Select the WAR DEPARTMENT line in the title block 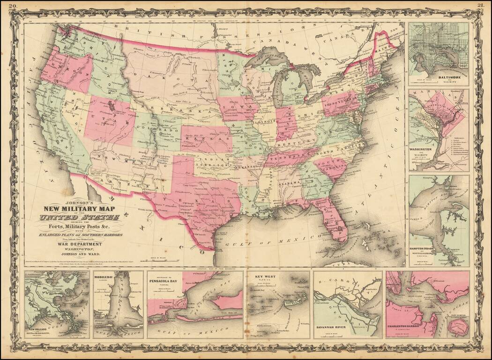(79, 244)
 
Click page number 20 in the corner (14, 5)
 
